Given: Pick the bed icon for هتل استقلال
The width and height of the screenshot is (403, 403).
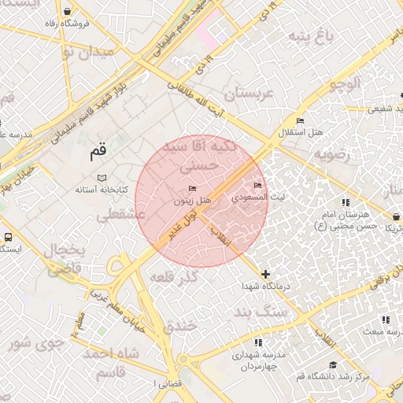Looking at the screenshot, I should coord(300,120).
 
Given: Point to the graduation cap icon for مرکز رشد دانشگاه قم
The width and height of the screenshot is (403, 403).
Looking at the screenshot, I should coord(333,365).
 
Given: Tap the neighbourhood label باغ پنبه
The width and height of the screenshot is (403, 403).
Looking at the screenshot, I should coord(312,35).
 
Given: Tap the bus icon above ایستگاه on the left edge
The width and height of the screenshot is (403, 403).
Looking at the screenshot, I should coord(8,237).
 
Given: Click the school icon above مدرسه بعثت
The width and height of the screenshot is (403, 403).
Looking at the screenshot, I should coord(385,320).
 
